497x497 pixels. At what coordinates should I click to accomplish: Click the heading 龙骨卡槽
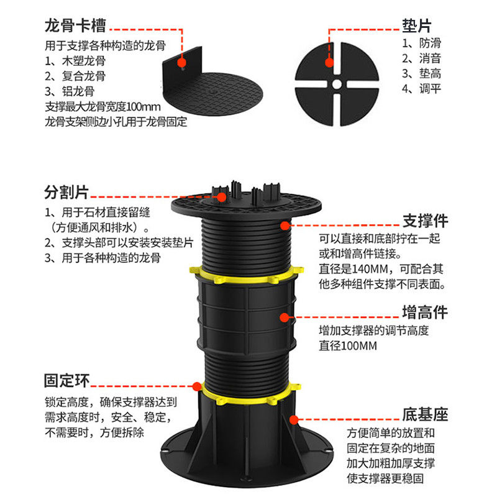coord(75,25)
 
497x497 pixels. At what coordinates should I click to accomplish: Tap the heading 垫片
coord(417,25)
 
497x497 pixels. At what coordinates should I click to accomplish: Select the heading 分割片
coord(66,192)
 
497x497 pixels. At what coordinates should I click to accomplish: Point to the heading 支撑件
coord(425,221)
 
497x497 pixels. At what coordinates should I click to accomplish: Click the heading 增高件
coord(425,312)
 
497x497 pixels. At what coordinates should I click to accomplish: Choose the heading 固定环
coord(67,380)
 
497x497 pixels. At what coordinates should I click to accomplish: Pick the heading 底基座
coord(425,414)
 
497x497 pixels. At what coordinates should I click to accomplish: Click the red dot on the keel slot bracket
coord(181,62)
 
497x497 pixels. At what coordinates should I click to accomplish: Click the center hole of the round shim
coord(337,84)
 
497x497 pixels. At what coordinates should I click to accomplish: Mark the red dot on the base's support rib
coord(294,420)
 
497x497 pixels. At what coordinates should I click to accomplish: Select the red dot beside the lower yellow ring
coord(197,386)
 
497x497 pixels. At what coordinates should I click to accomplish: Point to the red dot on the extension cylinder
coord(285,317)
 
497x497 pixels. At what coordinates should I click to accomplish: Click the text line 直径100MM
coord(348,345)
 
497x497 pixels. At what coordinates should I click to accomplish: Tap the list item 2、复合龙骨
coord(75,76)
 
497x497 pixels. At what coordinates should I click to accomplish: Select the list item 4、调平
coord(422,89)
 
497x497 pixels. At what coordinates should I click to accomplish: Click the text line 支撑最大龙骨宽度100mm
coord(103,106)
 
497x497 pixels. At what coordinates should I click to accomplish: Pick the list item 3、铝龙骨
coord(70,91)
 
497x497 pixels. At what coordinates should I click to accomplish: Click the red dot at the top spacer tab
coord(222,197)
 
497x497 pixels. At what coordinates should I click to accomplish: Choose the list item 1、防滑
coord(422,43)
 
